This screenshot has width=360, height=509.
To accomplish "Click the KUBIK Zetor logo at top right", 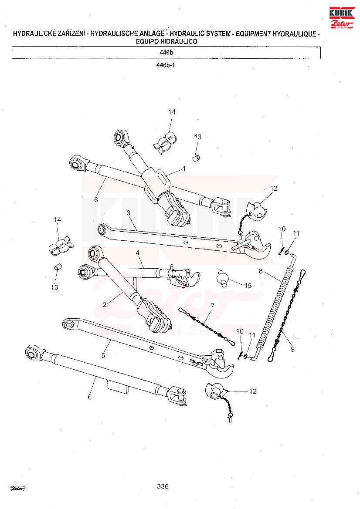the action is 342,17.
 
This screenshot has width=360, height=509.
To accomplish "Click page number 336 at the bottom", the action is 163,486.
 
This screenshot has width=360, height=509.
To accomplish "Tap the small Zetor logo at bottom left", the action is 18,488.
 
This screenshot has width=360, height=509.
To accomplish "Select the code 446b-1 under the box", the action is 166,65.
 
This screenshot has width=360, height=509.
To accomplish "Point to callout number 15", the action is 248,286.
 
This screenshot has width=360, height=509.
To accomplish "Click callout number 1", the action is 184,169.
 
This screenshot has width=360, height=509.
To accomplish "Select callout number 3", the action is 128,212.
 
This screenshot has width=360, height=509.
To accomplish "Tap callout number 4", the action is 137,252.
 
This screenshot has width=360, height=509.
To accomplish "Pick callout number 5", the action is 103,355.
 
